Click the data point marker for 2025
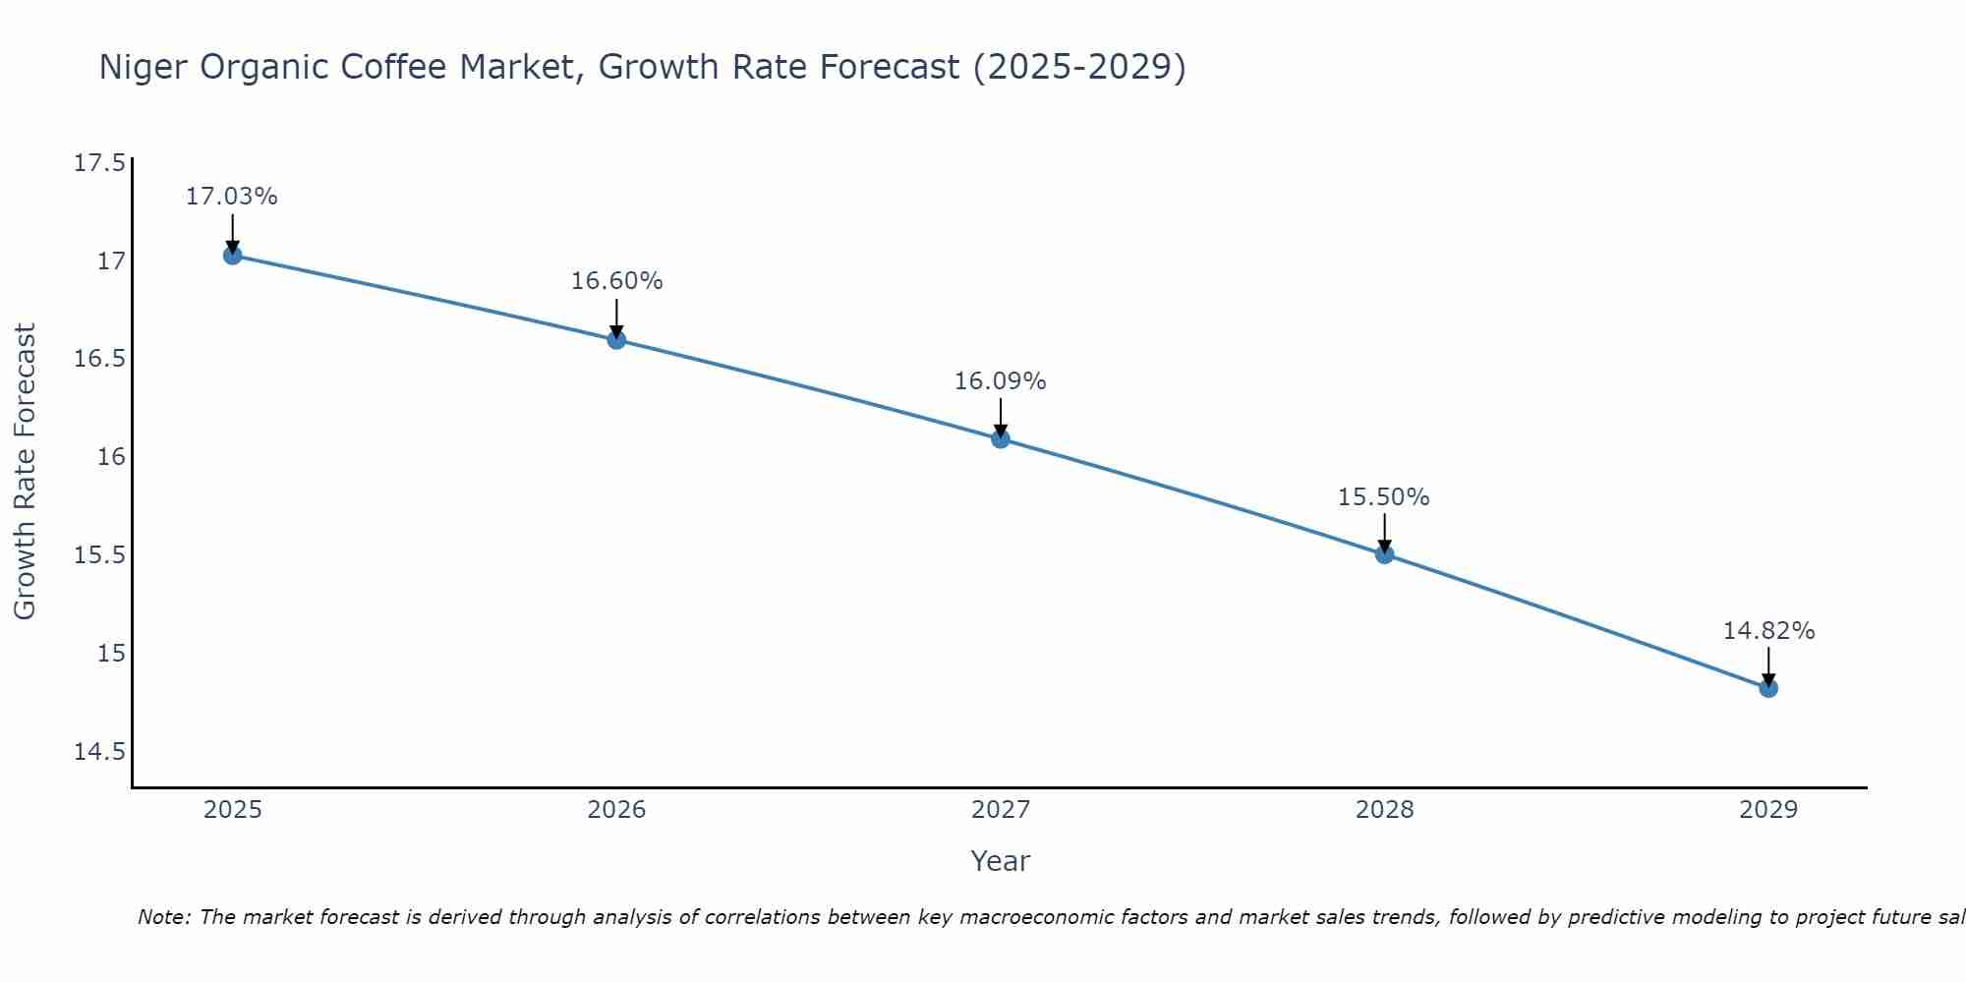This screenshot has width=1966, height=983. point(232,256)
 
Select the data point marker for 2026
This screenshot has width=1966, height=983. point(616,340)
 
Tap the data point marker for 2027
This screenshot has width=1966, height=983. point(1001,438)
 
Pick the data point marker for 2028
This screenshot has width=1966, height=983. point(1384,554)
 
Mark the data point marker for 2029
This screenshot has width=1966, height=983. point(1768,688)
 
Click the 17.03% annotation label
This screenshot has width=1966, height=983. point(232,197)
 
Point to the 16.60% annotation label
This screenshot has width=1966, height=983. point(616,281)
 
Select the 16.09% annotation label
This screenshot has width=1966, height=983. point(1001,381)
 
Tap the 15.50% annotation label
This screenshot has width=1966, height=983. point(1384,497)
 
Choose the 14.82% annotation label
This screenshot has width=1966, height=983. point(1768,631)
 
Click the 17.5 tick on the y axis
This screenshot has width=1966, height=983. point(99,163)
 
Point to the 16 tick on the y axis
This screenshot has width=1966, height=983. point(112,457)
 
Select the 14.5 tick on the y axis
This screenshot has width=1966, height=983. point(99,752)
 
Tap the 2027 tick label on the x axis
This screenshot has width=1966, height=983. point(1001,810)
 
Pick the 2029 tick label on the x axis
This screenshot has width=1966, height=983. point(1768,810)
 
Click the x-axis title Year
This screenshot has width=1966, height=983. point(1001,861)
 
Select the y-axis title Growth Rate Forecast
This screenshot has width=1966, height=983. point(25,472)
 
